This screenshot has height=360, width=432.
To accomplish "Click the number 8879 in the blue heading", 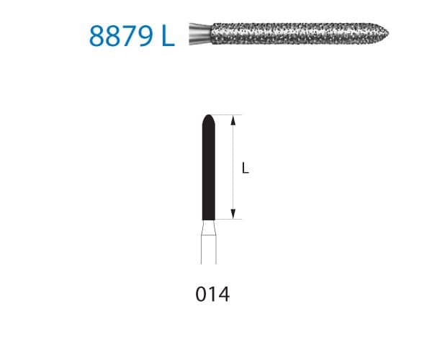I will click(x=120, y=35).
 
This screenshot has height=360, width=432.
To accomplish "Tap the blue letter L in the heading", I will click(x=168, y=35).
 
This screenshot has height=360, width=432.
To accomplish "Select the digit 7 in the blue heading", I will click(x=130, y=35).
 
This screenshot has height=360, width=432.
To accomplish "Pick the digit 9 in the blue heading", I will click(x=147, y=35).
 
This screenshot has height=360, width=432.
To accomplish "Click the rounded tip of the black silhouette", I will click(x=208, y=117).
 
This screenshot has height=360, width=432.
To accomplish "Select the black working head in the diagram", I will click(x=208, y=169).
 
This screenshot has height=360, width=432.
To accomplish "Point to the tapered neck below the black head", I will click(x=208, y=228).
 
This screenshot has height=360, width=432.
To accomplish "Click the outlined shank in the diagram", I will click(x=208, y=252).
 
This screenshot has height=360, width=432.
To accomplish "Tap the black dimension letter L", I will click(x=246, y=169).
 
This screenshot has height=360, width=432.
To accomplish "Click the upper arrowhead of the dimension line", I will click(x=233, y=120).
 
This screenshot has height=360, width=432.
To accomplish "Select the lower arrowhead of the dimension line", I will click(x=233, y=214).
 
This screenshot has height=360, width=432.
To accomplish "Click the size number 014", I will click(x=212, y=295).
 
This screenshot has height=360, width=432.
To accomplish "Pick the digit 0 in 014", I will click(x=200, y=295).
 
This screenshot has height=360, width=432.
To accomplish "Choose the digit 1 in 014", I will click(x=212, y=295).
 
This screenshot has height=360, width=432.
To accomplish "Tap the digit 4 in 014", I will click(x=223, y=295).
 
